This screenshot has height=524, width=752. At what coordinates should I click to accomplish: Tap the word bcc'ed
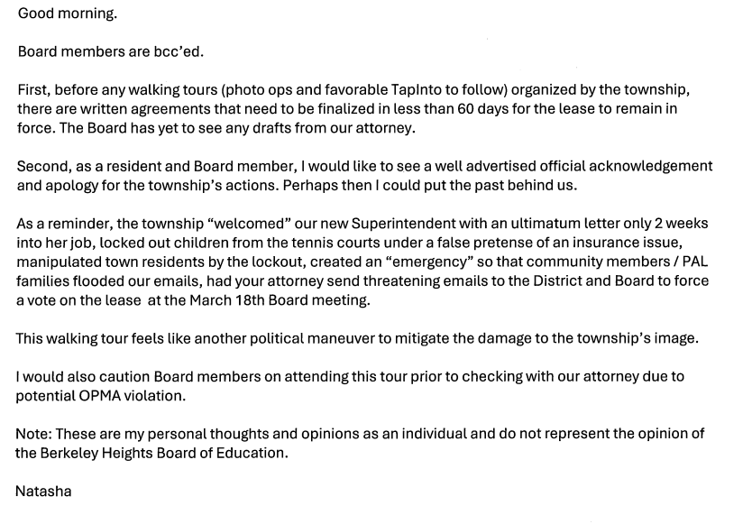pyautogui.click(x=179, y=51)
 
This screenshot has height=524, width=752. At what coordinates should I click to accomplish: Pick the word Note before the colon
pyautogui.click(x=32, y=434)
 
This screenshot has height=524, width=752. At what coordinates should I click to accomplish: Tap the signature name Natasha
pyautogui.click(x=43, y=492)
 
